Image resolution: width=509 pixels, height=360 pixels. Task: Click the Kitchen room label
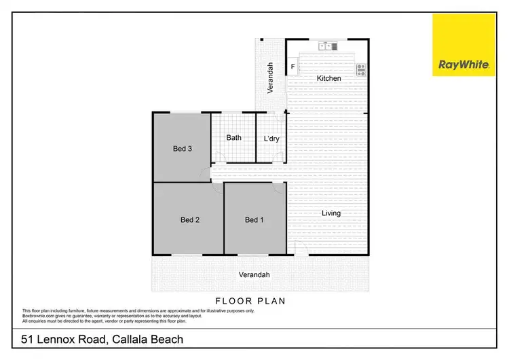click(x=329, y=79)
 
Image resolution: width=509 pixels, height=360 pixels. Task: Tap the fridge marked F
click(x=293, y=67)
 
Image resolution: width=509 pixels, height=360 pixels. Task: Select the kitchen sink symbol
click(x=327, y=46)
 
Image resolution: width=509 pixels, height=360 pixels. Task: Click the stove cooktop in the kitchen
click(x=360, y=68)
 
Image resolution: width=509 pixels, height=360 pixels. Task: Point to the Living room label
click(x=331, y=213)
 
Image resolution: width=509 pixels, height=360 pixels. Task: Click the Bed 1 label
click(x=254, y=219)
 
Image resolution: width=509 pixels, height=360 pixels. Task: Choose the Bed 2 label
click(x=189, y=219)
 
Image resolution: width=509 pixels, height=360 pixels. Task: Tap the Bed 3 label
click(x=181, y=148)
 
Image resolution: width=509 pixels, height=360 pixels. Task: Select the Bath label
click(x=233, y=138)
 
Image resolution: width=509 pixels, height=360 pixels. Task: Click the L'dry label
click(x=271, y=139)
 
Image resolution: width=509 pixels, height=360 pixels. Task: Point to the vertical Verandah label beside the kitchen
click(x=269, y=77)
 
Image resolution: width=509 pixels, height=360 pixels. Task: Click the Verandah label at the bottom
click(x=254, y=275)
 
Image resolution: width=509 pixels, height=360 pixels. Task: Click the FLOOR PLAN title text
click(x=250, y=300)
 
